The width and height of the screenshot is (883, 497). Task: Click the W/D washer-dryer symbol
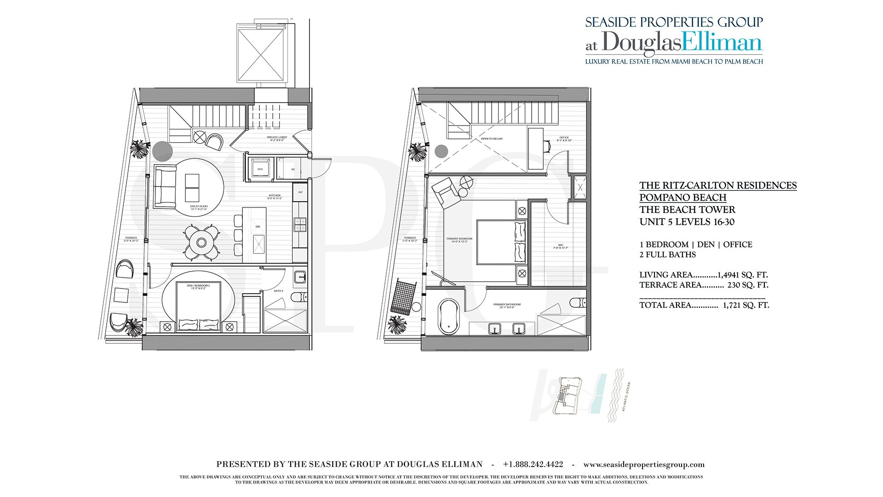click(x=260, y=168)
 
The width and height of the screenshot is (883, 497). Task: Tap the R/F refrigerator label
click(x=300, y=192)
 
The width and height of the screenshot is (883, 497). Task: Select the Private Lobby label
click(x=277, y=139)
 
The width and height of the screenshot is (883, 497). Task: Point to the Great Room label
click(x=199, y=208)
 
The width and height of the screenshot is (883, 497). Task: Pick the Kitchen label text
click(x=275, y=197)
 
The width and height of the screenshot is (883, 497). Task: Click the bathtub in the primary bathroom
click(x=449, y=317)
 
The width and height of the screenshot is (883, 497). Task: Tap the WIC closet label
click(x=561, y=246)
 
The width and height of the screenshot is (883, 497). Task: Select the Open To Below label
click(x=492, y=139)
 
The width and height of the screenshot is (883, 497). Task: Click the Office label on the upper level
click(x=564, y=139)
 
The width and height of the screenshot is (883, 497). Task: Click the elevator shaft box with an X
click(x=261, y=54)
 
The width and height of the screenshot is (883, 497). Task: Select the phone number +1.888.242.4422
click(x=533, y=464)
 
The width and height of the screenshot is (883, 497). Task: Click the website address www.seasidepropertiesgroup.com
click(x=644, y=464)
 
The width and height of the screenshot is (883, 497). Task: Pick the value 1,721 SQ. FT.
click(x=745, y=305)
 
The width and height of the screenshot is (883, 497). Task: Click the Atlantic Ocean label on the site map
click(x=626, y=396)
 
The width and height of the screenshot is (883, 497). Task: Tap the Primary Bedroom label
click(x=459, y=240)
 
